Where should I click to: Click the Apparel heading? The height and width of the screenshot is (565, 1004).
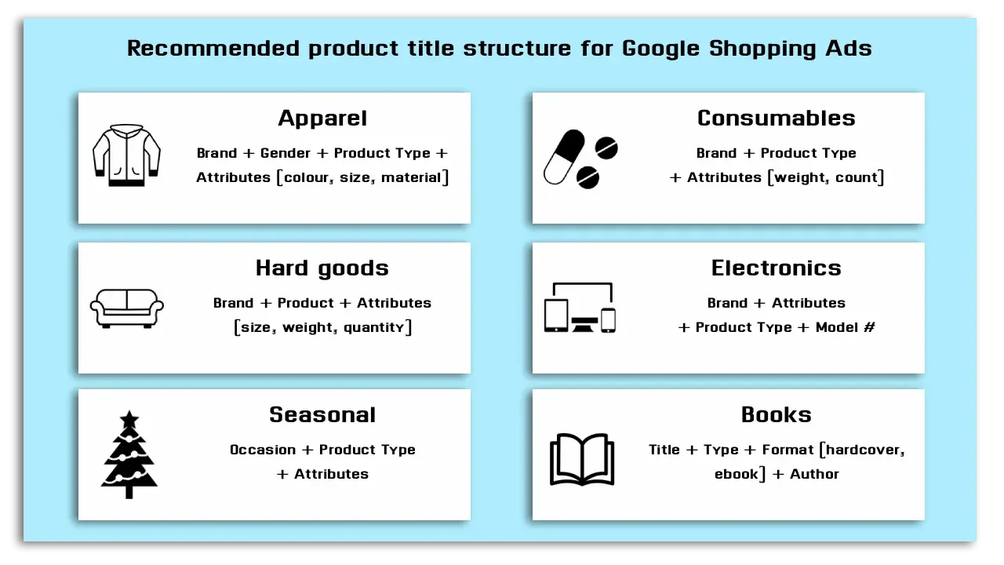[x=322, y=118]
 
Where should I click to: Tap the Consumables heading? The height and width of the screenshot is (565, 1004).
[x=776, y=118]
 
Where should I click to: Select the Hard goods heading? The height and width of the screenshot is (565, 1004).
[x=322, y=268]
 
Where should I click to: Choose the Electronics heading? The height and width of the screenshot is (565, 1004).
[x=776, y=268]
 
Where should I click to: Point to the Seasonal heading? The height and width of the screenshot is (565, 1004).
[x=322, y=415]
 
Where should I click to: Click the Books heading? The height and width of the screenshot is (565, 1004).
[x=776, y=415]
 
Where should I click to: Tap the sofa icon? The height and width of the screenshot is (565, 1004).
[x=126, y=307]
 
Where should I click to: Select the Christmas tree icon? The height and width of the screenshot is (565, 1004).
[x=129, y=455]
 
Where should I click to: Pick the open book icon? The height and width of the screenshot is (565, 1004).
[x=581, y=459]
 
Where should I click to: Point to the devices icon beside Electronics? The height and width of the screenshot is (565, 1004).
[x=580, y=308]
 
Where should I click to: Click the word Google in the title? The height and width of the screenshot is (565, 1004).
[x=661, y=49]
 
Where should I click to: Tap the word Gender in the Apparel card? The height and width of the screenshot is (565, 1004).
[x=286, y=154]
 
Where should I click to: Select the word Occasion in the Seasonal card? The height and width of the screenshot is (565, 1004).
[x=262, y=450]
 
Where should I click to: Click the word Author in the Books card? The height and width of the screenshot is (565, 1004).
[x=814, y=475]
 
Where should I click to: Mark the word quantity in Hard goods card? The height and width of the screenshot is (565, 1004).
[x=374, y=328]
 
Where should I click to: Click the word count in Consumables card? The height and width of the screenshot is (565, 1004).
[x=857, y=178]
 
